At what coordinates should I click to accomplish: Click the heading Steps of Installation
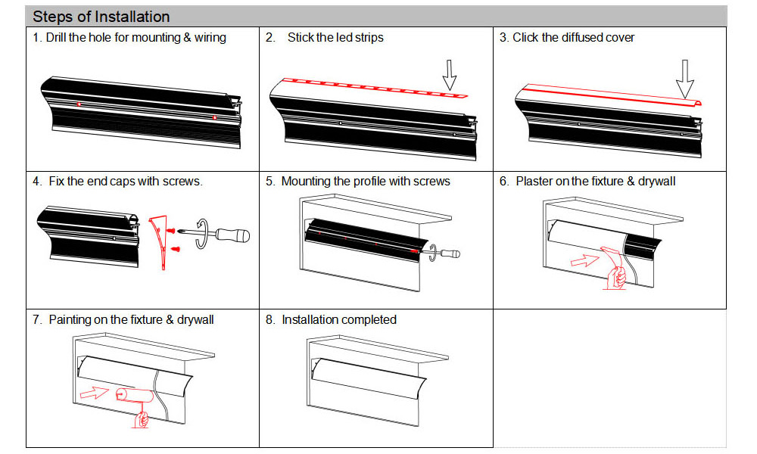tap(101, 16)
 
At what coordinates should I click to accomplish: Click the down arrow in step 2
tap(450, 74)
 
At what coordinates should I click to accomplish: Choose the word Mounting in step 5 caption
tap(305, 182)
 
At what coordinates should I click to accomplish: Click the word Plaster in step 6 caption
tap(535, 182)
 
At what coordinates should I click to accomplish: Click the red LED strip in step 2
tap(371, 88)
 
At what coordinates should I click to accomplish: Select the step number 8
tap(269, 319)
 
